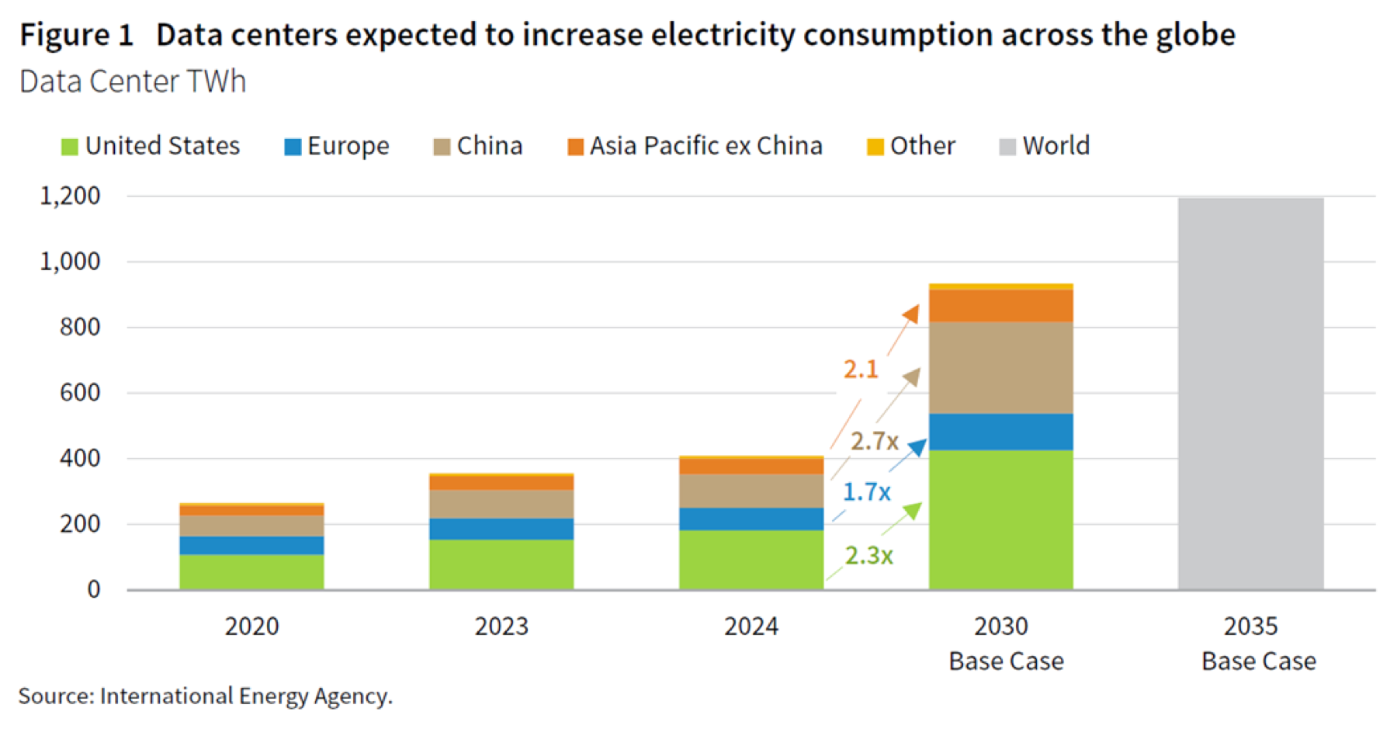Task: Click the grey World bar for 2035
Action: tap(1250, 394)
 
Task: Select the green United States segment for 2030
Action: tap(1001, 520)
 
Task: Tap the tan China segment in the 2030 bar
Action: tap(1001, 368)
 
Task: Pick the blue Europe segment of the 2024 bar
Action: tap(751, 519)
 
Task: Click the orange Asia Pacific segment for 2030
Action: tap(1001, 306)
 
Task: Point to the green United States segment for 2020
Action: tap(251, 572)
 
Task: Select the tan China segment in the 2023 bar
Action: tap(501, 504)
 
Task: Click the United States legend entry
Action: tap(151, 146)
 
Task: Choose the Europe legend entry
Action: tap(337, 146)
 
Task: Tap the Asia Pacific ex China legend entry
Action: tap(695, 146)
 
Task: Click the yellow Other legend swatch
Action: tap(875, 147)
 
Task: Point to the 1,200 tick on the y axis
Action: tap(70, 196)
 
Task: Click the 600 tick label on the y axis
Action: tap(80, 393)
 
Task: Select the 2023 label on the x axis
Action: tap(501, 626)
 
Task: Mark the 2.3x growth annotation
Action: tap(869, 556)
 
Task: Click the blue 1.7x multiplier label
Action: tap(867, 492)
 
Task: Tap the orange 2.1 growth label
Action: tap(861, 370)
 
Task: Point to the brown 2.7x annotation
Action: tap(875, 442)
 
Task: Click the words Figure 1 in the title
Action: tap(77, 35)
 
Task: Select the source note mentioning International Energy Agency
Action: tap(206, 696)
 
